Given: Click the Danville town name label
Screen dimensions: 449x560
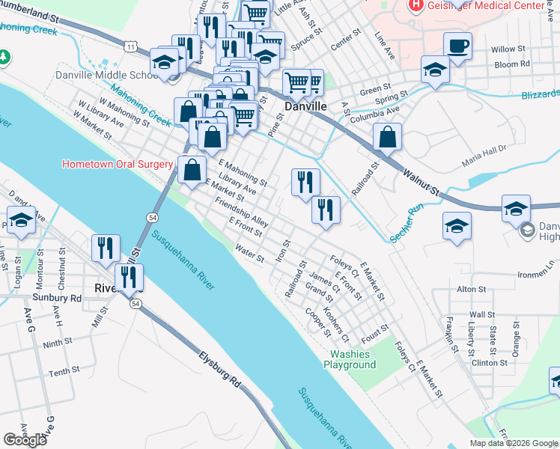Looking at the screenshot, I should [x=307, y=107].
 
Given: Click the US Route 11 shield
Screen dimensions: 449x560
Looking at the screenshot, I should [x=132, y=47].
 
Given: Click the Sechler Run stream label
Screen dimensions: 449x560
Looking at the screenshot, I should [x=407, y=222].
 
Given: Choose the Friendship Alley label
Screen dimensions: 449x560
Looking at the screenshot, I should [x=241, y=213].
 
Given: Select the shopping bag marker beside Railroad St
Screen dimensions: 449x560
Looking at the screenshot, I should [x=387, y=138].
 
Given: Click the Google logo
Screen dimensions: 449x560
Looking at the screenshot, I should [x=25, y=440].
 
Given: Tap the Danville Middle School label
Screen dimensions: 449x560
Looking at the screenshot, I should [x=103, y=76].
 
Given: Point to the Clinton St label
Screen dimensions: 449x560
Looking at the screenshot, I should [x=490, y=363].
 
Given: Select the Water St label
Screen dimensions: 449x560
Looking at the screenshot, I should [x=249, y=254].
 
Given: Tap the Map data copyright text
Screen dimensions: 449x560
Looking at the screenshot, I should [x=514, y=443].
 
